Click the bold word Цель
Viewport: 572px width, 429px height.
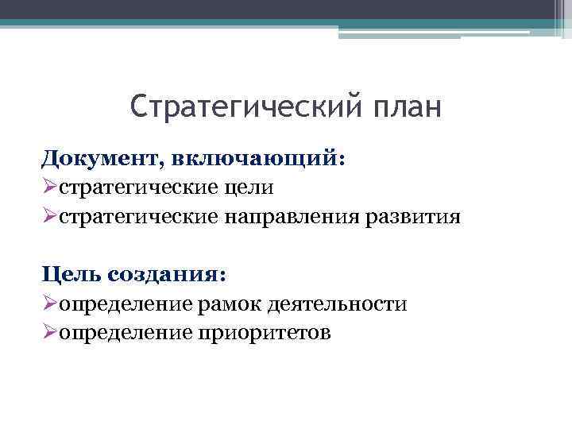(x=71, y=274)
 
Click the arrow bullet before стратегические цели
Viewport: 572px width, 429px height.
(x=49, y=187)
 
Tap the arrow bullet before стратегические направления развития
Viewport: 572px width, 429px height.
(x=49, y=216)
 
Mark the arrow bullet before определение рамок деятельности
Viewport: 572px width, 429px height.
(x=49, y=303)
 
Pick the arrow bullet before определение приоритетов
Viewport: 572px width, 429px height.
(x=49, y=332)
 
